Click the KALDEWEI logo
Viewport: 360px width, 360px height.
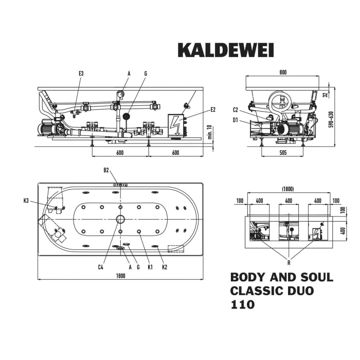pyautogui.click(x=226, y=50)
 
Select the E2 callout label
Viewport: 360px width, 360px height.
pyautogui.click(x=213, y=109)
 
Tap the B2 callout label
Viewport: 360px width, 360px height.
pyautogui.click(x=106, y=170)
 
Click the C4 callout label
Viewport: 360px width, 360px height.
pyautogui.click(x=101, y=266)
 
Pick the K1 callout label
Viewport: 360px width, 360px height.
pyautogui.click(x=150, y=266)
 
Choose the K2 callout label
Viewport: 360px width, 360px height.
pyautogui.click(x=165, y=266)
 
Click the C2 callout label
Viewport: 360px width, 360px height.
pyautogui.click(x=235, y=110)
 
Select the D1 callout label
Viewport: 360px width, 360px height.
pyautogui.click(x=235, y=120)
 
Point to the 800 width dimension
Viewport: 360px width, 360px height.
pyautogui.click(x=283, y=73)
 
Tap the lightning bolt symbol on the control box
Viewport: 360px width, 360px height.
pyautogui.click(x=176, y=125)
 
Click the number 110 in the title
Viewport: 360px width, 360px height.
pyautogui.click(x=243, y=304)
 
